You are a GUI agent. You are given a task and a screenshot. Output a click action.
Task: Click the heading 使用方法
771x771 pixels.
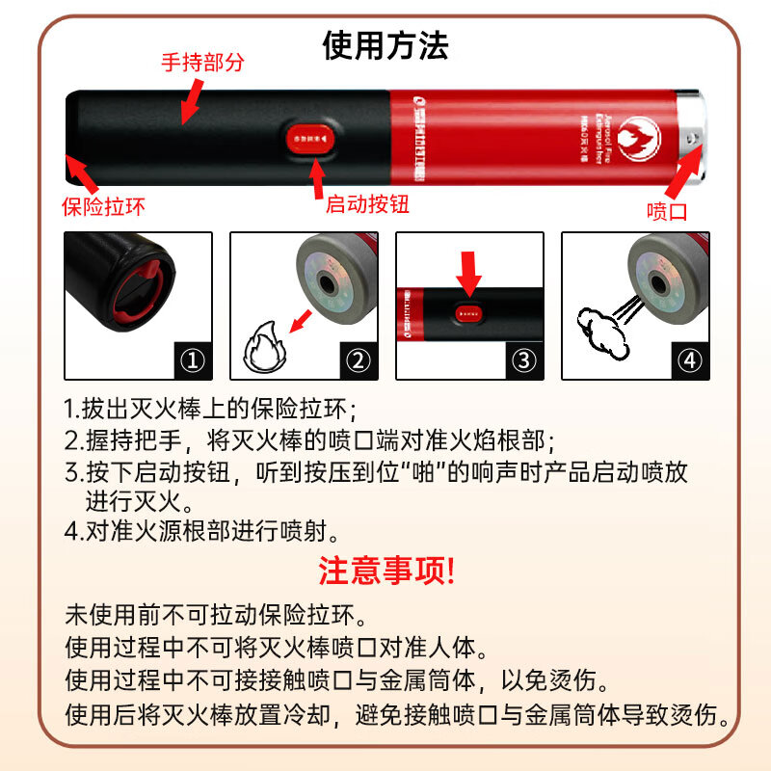pyautogui.click(x=385, y=44)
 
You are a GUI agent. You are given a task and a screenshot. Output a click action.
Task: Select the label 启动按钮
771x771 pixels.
pyautogui.click(x=363, y=204)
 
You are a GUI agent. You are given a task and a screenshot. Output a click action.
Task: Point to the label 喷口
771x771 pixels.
pyautogui.click(x=667, y=211)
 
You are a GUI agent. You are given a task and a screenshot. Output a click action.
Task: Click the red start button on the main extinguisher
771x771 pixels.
pyautogui.click(x=309, y=139)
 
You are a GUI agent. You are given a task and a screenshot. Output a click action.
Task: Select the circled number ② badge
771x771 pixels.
pyautogui.click(x=359, y=360)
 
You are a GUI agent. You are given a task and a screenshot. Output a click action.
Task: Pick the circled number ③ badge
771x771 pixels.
pyautogui.click(x=523, y=360)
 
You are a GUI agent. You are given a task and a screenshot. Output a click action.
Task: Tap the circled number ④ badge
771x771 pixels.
pyautogui.click(x=689, y=360)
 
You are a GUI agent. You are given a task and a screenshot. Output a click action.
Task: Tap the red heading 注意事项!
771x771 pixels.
pyautogui.click(x=385, y=572)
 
